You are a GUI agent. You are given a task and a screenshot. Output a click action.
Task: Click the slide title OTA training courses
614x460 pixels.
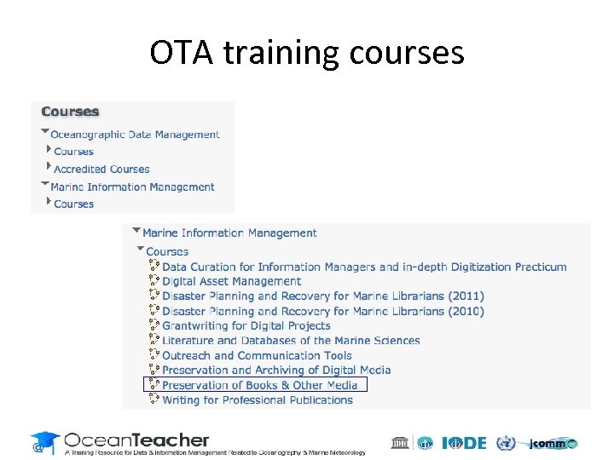[307, 53]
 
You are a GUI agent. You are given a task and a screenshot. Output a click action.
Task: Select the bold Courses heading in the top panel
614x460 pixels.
[70, 112]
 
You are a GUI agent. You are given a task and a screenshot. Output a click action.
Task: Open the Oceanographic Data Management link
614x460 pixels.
[135, 135]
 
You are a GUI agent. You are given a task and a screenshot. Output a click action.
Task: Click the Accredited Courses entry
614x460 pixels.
[101, 170]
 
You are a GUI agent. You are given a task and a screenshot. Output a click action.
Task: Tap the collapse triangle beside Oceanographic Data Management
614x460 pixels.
[44, 133]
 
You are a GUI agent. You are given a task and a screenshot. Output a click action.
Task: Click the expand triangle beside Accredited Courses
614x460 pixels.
[49, 168]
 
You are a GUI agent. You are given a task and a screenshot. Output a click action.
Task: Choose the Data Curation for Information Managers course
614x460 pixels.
[364, 267]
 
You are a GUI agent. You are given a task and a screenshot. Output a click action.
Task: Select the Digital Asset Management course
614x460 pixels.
[231, 281]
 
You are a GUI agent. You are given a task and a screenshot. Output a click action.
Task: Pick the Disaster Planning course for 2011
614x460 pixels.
[322, 296]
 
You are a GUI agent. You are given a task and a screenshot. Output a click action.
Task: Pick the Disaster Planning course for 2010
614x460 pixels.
[322, 311]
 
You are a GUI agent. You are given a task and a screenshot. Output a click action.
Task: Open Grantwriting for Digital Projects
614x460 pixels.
[246, 326]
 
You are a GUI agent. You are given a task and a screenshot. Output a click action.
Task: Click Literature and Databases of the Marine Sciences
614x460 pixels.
[291, 341]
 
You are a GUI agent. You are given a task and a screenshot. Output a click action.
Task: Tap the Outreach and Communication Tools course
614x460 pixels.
[257, 355]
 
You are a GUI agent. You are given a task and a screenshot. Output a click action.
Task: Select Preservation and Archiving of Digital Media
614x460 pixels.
[276, 371]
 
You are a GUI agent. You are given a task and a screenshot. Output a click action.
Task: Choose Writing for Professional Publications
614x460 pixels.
[257, 400]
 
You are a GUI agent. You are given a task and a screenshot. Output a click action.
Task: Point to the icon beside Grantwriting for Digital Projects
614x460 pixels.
[154, 325]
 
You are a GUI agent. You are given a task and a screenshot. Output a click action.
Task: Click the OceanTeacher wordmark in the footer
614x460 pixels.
[136, 440]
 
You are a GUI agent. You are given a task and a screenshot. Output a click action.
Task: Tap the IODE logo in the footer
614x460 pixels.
[465, 443]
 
